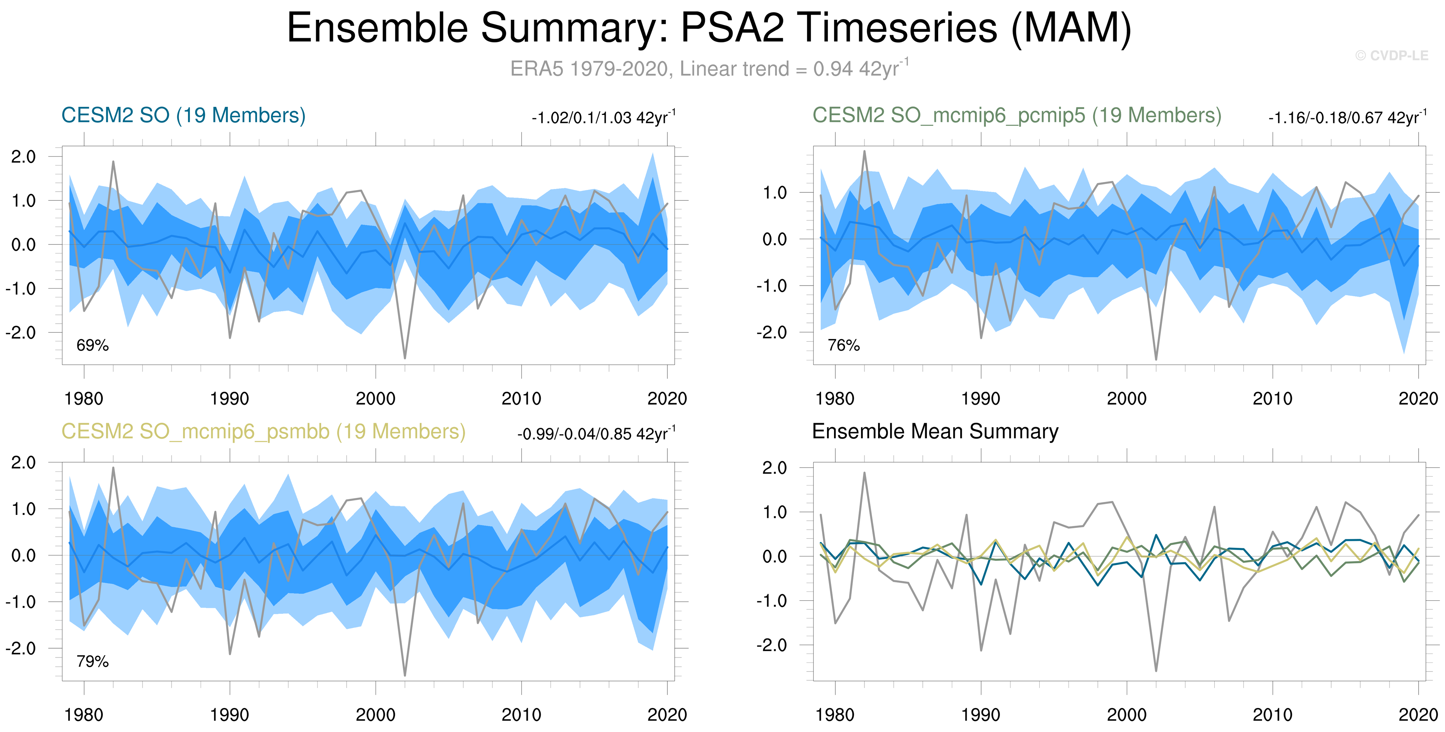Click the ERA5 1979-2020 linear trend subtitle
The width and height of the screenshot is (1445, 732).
[709, 68]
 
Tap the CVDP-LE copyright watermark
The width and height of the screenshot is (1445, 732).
[1391, 55]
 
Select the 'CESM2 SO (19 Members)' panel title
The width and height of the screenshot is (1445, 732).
[183, 116]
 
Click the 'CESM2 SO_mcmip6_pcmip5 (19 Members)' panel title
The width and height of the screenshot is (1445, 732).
[1016, 116]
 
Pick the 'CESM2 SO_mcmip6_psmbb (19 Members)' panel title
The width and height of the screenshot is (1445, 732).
[263, 432]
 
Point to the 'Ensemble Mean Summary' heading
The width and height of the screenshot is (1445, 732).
[935, 431]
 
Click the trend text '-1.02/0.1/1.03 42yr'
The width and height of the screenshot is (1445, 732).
[603, 118]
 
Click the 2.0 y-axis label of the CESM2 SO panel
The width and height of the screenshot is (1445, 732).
[24, 157]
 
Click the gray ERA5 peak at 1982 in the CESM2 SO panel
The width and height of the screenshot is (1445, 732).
[113, 162]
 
